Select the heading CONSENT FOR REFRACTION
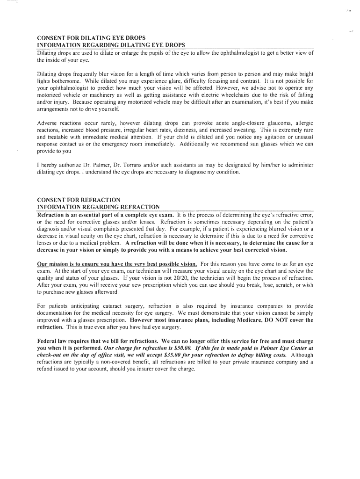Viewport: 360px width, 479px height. coord(79,200)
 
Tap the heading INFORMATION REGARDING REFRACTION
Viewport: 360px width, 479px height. coord(98,207)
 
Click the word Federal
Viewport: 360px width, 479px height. coord(48,341)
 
